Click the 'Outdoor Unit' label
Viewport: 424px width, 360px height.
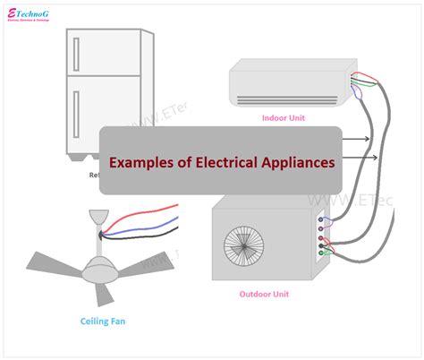263,294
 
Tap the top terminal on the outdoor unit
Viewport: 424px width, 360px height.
321,219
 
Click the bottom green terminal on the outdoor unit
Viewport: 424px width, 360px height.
321,253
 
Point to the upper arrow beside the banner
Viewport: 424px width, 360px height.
358,139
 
